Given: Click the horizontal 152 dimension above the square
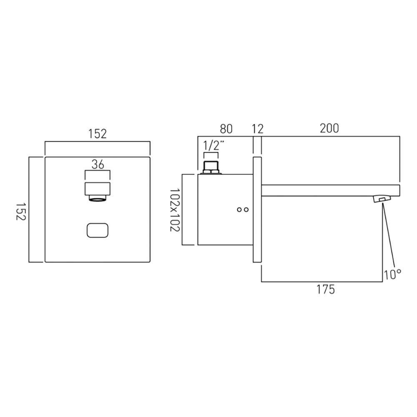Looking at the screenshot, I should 98,134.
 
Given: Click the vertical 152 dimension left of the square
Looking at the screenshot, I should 20,210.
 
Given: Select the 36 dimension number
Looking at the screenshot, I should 98,164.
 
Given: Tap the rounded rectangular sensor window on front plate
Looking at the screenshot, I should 98,230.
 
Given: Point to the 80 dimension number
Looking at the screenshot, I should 226,128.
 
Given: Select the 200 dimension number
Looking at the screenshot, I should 329,128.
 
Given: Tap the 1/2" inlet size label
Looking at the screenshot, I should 213,146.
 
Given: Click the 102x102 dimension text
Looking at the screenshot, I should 174,210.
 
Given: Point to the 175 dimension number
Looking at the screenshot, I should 326,289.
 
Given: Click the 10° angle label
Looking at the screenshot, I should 392,274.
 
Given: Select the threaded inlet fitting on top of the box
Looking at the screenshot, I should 211,168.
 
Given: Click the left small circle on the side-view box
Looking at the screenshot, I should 239,210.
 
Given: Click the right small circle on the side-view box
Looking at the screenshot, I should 246,210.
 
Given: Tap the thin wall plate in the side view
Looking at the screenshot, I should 257,210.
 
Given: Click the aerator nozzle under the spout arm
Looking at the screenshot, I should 382,199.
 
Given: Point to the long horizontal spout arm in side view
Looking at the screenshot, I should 329,190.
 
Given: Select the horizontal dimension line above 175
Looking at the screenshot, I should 321,281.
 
